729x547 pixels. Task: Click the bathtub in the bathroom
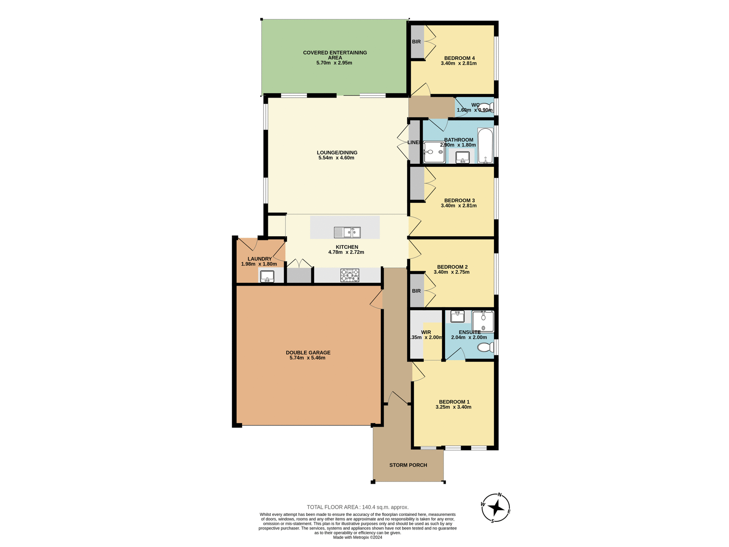point(485,146)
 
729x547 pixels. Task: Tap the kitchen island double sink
point(347,232)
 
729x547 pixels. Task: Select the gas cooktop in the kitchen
point(350,275)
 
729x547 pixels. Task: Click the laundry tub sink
point(267,276)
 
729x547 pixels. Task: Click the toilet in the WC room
point(486,108)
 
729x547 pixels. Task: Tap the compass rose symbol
point(496,508)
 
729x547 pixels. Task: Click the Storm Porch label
point(408,465)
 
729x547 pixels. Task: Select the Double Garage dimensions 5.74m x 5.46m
point(307,358)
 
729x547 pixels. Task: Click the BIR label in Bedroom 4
point(416,42)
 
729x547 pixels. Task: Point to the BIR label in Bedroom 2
point(416,291)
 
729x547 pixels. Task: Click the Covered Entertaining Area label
point(335,55)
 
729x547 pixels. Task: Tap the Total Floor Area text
point(357,507)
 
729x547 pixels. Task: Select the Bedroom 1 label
point(454,402)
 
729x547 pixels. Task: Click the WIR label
point(426,332)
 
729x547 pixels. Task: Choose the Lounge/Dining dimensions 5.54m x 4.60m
point(336,158)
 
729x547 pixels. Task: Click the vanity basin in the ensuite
point(458,316)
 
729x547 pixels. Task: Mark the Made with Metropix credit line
point(357,538)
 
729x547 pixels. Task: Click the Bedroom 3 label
point(459,201)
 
